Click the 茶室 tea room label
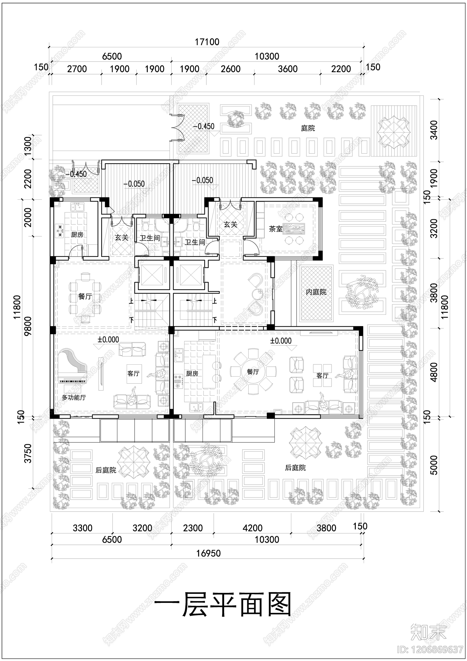(275, 229)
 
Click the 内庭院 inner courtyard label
(316, 292)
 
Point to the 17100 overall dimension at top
(207, 42)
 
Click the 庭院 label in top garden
(308, 128)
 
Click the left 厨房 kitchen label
(77, 235)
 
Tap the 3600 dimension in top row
(288, 69)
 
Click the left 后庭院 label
(106, 470)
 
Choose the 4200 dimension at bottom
(252, 528)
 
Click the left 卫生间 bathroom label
(149, 238)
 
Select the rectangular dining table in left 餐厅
(85, 298)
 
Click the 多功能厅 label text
(74, 397)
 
